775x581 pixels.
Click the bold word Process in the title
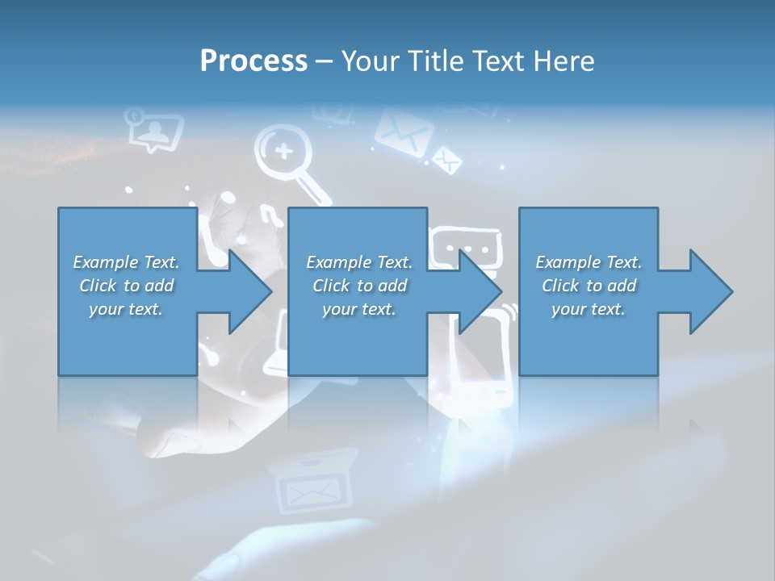tap(253, 61)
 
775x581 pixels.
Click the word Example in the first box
tap(106, 262)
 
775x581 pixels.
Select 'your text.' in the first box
tap(126, 309)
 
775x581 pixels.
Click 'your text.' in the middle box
tap(358, 309)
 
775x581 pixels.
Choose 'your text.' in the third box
tap(589, 309)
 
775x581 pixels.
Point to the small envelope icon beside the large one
tap(446, 159)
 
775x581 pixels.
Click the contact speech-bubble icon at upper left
tap(153, 130)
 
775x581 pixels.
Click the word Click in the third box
tap(560, 286)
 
